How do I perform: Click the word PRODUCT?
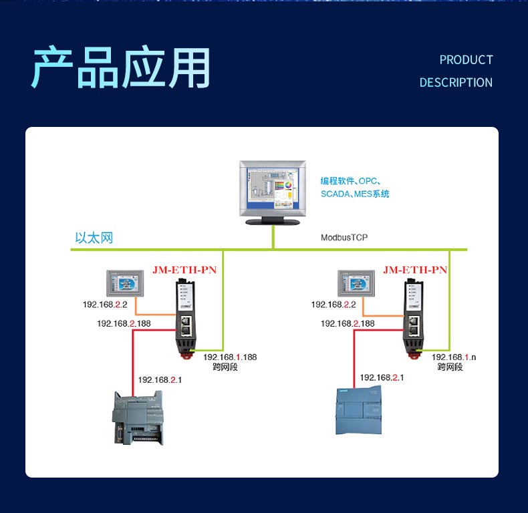pyautogui.click(x=466, y=60)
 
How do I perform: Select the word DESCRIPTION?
pyautogui.click(x=456, y=83)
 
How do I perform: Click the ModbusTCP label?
pyautogui.click(x=344, y=237)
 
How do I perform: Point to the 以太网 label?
pyautogui.click(x=94, y=238)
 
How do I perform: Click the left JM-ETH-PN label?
pyautogui.click(x=184, y=270)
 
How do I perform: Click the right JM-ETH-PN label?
pyautogui.click(x=415, y=270)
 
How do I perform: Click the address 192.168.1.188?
pyautogui.click(x=230, y=357)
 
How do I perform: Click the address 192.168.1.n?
pyautogui.click(x=454, y=357)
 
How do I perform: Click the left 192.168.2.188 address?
pyautogui.click(x=124, y=323)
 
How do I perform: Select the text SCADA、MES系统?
pyautogui.click(x=354, y=194)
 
